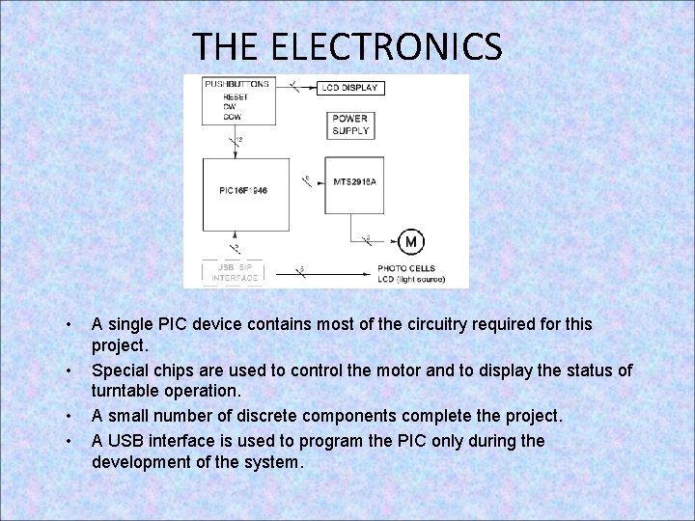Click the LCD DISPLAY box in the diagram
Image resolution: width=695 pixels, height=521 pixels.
coord(350,88)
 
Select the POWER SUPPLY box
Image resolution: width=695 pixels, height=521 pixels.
coord(350,125)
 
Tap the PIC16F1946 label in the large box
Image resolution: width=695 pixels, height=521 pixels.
coord(242,191)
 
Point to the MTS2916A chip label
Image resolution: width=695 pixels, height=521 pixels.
coord(353,181)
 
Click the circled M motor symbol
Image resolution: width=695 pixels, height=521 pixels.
coord(410,241)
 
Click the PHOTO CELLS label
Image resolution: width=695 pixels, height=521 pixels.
coord(406,268)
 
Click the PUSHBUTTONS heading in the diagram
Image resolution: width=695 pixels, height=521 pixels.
coord(236,85)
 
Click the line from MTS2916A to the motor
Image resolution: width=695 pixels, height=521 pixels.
coord(372,240)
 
